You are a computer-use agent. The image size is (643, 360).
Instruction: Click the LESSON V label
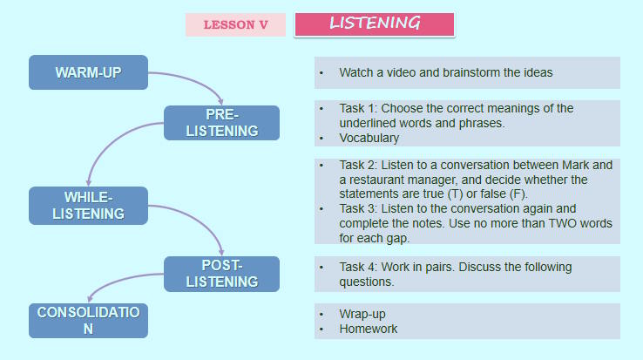(x=235, y=24)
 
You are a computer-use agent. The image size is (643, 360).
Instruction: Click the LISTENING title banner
(x=375, y=24)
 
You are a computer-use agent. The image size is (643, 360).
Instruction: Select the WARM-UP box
(x=88, y=72)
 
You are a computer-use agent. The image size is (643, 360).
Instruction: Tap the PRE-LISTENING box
(x=222, y=123)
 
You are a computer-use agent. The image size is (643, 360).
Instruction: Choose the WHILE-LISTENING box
(x=88, y=205)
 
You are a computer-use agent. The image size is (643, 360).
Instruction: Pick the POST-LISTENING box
(x=222, y=273)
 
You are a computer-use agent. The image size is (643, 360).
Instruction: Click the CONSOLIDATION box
(x=88, y=320)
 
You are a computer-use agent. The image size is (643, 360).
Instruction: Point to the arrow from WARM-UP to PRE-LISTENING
(x=197, y=80)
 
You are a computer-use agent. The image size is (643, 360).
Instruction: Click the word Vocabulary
(x=369, y=138)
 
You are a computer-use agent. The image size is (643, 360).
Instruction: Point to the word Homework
(x=369, y=329)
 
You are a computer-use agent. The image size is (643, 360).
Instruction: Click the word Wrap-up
(x=362, y=314)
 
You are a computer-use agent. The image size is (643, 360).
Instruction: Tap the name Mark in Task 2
(x=573, y=164)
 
